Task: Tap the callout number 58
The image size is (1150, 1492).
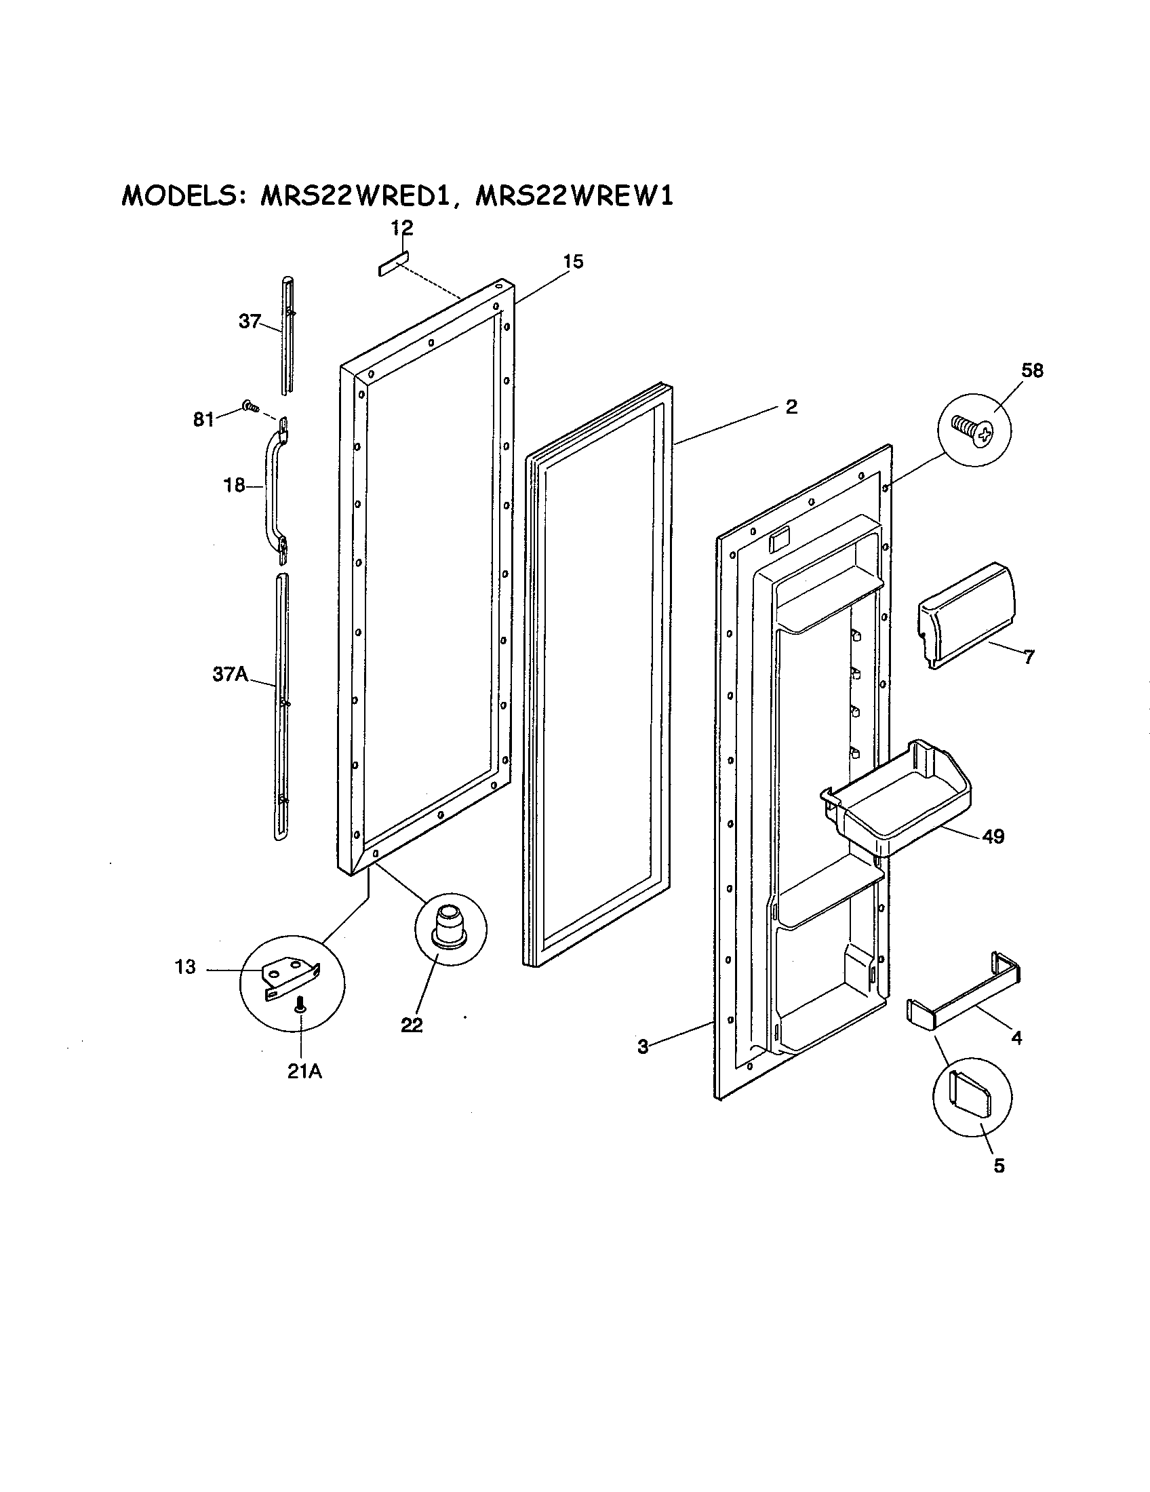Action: [1032, 371]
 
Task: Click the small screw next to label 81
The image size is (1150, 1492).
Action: [251, 407]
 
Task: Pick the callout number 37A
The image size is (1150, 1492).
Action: [229, 675]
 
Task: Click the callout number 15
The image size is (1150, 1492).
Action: [574, 262]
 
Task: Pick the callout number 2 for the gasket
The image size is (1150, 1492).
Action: [791, 407]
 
